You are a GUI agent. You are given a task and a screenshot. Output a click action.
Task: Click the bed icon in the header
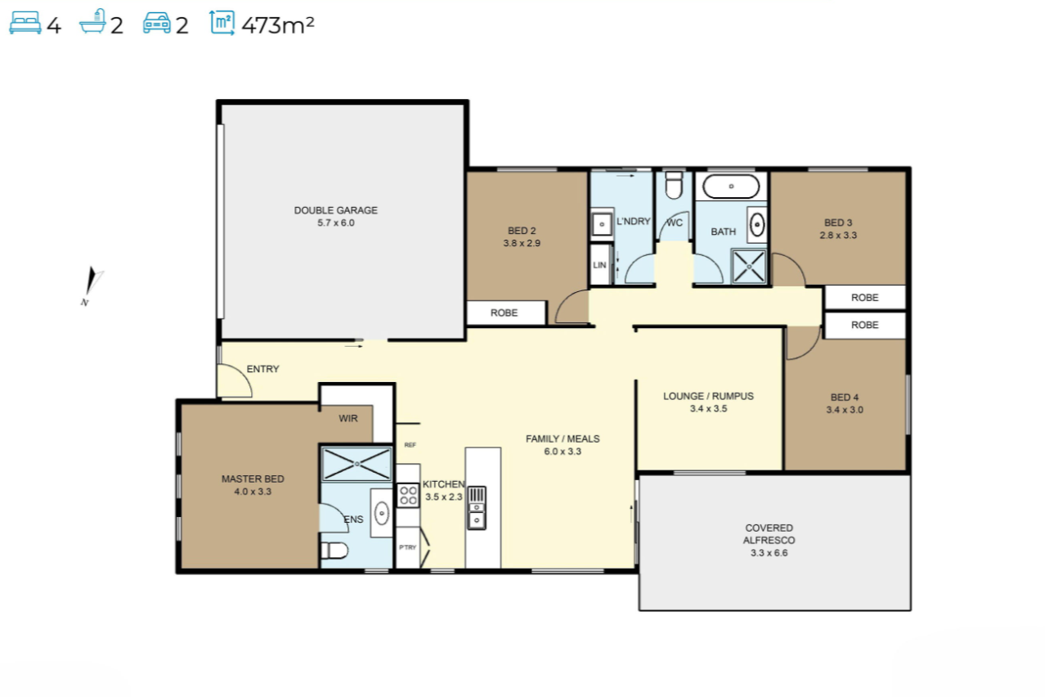pos(25,24)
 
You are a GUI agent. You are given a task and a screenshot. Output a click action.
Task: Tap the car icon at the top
pos(157,24)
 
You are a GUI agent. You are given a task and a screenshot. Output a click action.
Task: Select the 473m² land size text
pos(278,25)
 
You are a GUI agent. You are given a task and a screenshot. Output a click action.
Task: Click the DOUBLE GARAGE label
pos(336,210)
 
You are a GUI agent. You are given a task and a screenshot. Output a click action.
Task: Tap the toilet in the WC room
pos(674,186)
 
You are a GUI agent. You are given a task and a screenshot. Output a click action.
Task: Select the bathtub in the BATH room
pos(731,187)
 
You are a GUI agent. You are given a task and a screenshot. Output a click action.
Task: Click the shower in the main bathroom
pos(749,267)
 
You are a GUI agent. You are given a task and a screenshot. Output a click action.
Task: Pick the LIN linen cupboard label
pos(599,265)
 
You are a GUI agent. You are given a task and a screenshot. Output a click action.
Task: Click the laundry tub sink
pos(602,224)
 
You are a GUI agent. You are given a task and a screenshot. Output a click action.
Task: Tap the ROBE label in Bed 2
pos(504,313)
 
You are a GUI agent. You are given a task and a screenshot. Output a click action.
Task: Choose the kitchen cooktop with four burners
pos(408,495)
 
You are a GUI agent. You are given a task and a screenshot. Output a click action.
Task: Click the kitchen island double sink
pos(477,508)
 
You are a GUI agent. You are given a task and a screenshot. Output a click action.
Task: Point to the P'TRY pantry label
pos(407,547)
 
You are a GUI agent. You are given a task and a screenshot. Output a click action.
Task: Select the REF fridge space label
pos(410,445)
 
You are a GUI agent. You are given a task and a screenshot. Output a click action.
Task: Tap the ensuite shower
pos(357,464)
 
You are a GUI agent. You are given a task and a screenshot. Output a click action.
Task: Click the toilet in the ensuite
pos(334,551)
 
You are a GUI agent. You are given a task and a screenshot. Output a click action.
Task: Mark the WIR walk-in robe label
pos(348,418)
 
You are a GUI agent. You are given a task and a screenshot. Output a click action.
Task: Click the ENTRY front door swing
pos(236,381)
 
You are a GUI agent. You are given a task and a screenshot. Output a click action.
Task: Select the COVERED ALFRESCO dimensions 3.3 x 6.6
pos(769,553)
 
